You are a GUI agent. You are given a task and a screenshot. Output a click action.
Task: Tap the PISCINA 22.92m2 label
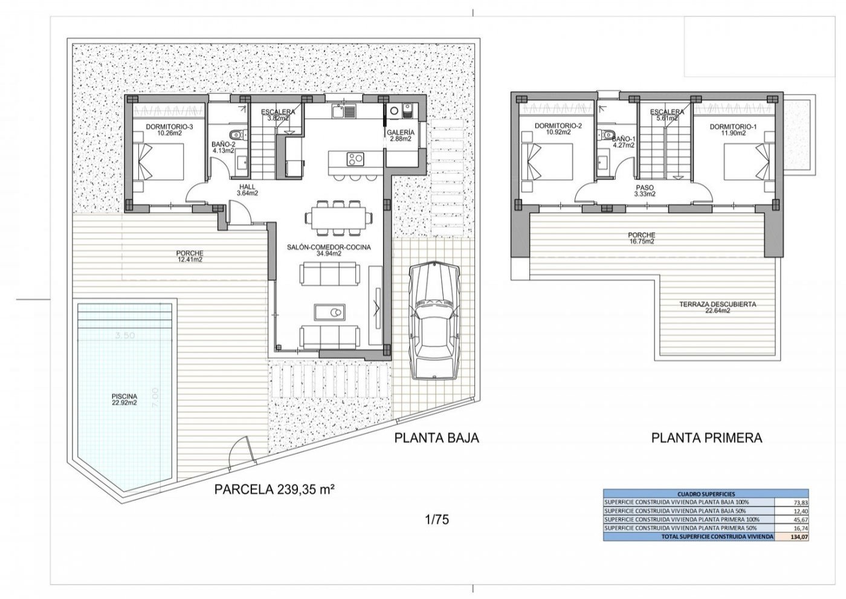click(123, 400)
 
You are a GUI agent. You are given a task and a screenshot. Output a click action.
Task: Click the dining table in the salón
click(338, 216)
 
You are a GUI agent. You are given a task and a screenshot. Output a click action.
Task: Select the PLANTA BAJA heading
click(436, 438)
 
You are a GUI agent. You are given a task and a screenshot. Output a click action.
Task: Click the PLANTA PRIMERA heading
click(706, 438)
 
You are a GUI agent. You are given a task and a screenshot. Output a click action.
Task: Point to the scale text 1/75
click(438, 519)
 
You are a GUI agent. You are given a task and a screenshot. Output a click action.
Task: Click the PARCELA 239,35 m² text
click(275, 490)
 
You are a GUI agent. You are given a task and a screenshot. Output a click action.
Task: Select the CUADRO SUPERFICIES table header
click(705, 494)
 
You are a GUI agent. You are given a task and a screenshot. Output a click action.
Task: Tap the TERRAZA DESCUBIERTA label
click(717, 308)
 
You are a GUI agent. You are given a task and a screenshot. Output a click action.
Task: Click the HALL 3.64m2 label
click(248, 190)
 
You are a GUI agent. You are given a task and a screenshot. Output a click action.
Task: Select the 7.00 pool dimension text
click(155, 398)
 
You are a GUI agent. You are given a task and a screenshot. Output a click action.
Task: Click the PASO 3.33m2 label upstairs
click(645, 192)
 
